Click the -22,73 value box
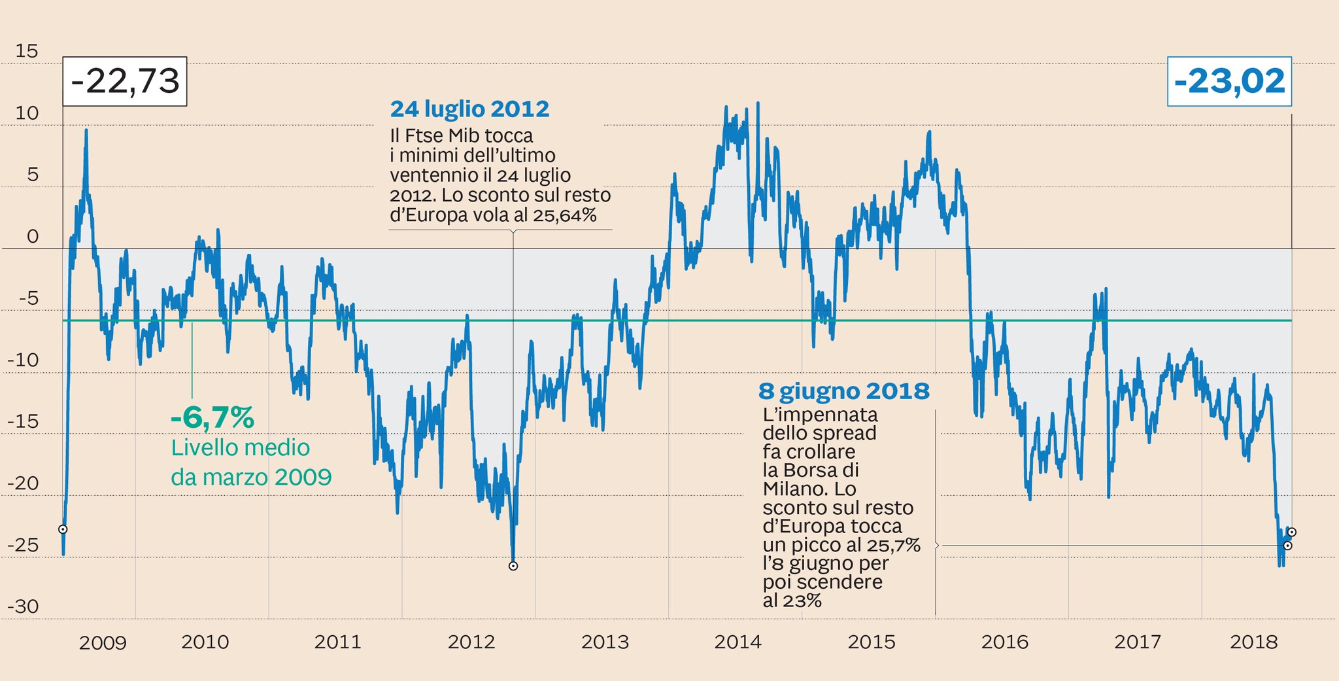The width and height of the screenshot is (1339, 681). [x=125, y=82]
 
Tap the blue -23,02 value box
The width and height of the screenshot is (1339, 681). [x=1229, y=82]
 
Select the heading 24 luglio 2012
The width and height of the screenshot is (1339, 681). [x=469, y=109]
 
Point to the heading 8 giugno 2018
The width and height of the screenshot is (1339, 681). [x=843, y=391]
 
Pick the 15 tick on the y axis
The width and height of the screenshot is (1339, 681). [x=27, y=51]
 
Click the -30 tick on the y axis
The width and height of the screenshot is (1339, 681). [x=23, y=606]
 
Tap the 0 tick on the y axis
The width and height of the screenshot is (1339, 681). [x=33, y=236]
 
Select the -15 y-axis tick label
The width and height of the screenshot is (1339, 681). [x=23, y=421]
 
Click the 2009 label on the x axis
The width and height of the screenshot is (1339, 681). [x=103, y=643]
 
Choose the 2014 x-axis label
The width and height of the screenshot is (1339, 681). [x=737, y=642]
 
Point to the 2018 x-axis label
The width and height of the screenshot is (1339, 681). [x=1253, y=642]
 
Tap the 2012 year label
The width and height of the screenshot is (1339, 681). [x=471, y=642]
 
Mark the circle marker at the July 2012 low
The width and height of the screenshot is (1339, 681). [x=513, y=566]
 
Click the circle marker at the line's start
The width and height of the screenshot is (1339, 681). [x=63, y=529]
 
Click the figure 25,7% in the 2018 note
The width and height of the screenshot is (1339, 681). [x=894, y=545]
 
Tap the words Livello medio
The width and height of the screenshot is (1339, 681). [x=240, y=448]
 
